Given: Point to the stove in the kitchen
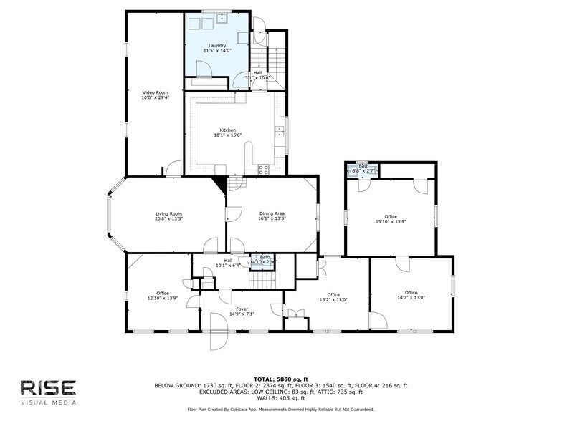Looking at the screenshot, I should click(263, 170).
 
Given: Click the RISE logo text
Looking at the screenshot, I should click(47, 387).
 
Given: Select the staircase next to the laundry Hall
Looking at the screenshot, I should click(277, 57).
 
